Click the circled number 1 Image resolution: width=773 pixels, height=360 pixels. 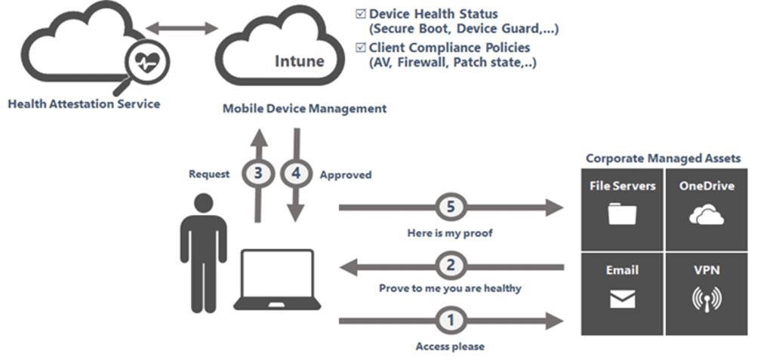(451, 320)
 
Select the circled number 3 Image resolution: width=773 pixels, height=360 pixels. (259, 174)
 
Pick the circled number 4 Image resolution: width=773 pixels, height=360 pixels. (295, 174)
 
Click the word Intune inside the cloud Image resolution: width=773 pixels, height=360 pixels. (299, 60)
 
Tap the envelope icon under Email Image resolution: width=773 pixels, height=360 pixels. (623, 300)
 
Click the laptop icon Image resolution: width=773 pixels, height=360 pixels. (273, 279)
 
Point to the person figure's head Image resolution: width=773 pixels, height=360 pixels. (204, 205)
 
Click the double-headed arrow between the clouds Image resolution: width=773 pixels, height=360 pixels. (181, 29)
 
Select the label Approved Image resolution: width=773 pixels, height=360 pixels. (346, 174)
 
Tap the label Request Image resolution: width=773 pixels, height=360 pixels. (208, 174)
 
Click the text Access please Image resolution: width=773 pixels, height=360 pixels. (450, 346)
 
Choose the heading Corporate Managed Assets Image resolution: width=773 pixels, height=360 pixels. (664, 158)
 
